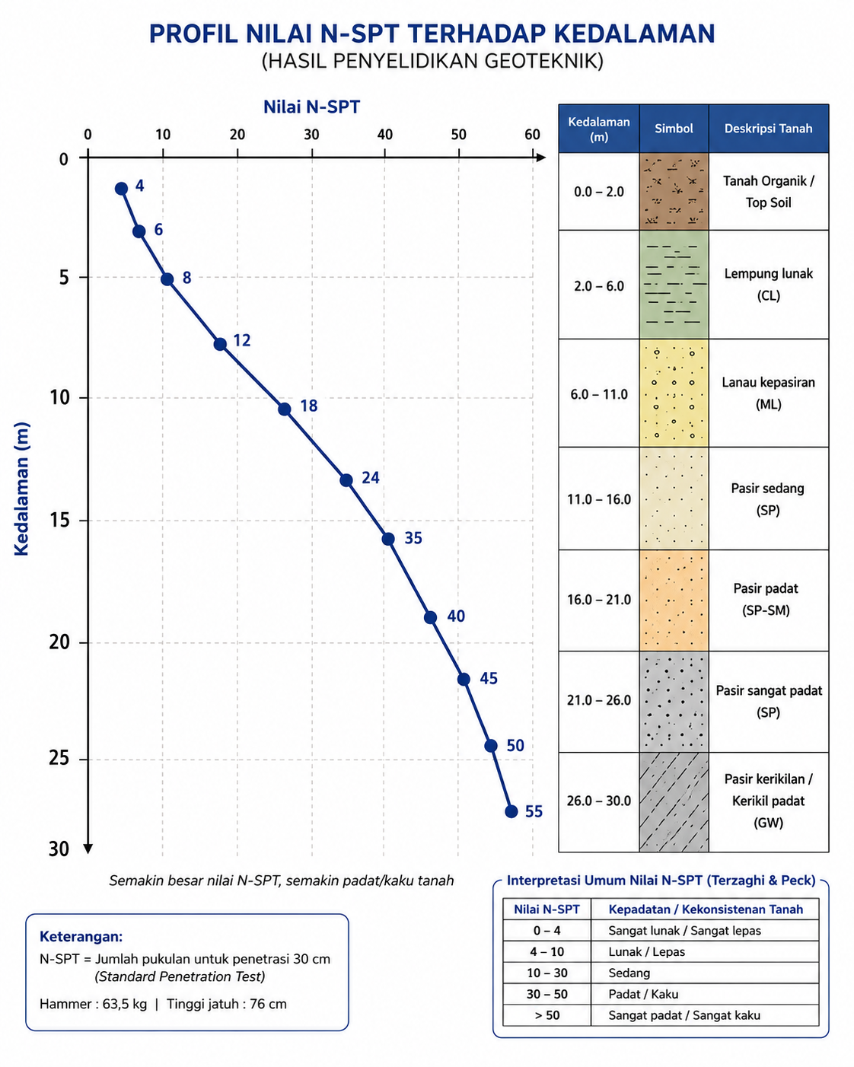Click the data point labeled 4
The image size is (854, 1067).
tap(122, 189)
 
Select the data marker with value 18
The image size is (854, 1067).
tap(284, 409)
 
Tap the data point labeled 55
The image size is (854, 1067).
tap(511, 811)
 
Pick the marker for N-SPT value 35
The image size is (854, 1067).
tap(388, 539)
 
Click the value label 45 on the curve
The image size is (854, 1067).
tap(489, 678)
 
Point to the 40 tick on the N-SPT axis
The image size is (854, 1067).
tap(385, 135)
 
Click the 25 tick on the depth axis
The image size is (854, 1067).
tap(59, 758)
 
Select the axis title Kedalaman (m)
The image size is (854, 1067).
tap(21, 489)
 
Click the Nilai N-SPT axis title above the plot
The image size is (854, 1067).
tap(311, 107)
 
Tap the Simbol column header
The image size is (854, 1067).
tap(674, 129)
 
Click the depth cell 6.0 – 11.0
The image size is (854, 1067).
tap(599, 394)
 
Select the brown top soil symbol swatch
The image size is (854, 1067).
tap(674, 191)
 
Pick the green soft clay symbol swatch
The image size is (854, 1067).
tap(674, 285)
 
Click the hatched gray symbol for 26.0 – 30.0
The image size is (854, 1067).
tap(674, 801)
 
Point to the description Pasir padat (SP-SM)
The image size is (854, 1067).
tap(766, 600)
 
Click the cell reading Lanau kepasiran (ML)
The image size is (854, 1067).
tap(768, 393)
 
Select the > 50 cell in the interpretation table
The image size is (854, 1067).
tap(547, 1015)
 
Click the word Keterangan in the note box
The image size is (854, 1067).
tap(81, 936)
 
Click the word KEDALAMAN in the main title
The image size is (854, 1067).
tap(634, 34)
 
